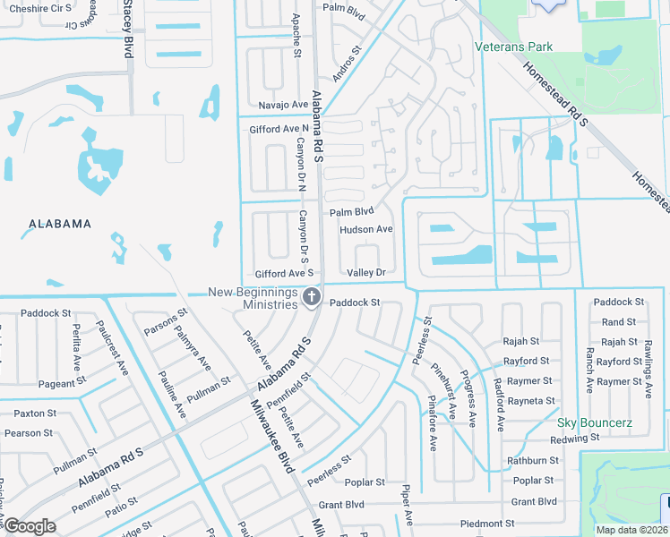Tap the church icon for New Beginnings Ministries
click(x=312, y=297)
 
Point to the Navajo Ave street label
click(x=283, y=105)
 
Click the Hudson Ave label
click(x=365, y=229)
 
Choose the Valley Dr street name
click(x=366, y=272)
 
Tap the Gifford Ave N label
click(x=278, y=129)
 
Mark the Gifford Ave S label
click(x=284, y=273)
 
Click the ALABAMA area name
click(x=60, y=224)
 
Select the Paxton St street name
click(x=35, y=413)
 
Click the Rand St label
click(x=618, y=322)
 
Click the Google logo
click(x=30, y=526)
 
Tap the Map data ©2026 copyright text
click(x=630, y=530)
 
